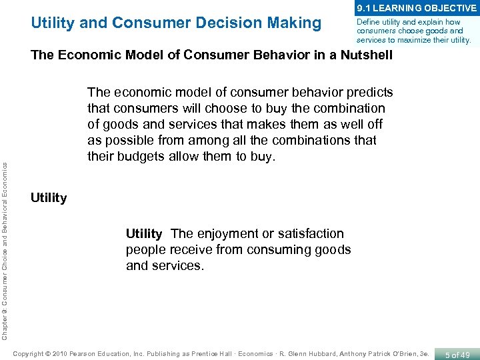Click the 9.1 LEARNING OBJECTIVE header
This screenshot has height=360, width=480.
(x=417, y=8)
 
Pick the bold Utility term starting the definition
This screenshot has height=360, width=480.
(x=144, y=234)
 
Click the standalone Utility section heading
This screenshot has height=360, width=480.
(x=49, y=198)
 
